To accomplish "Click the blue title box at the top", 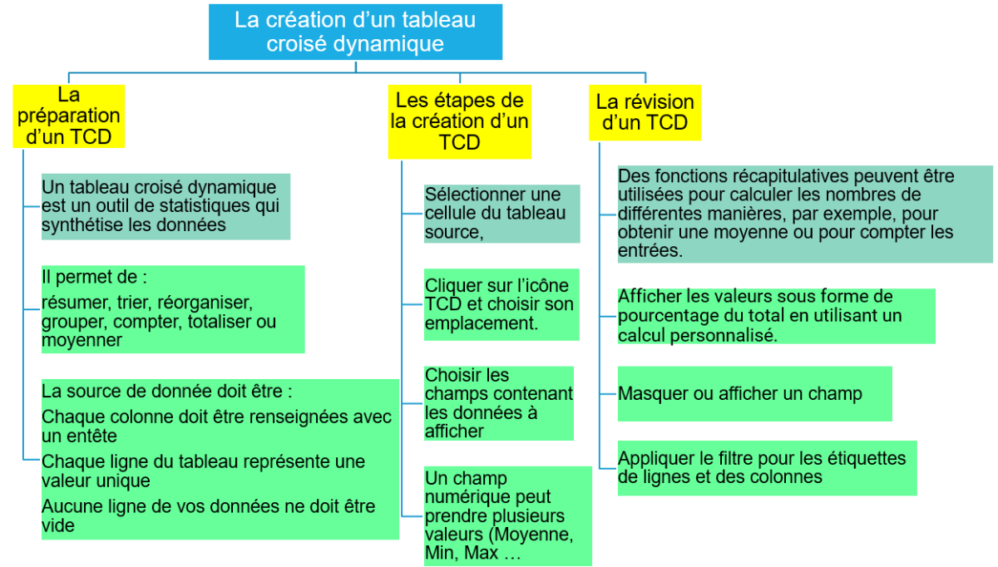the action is [x=356, y=32].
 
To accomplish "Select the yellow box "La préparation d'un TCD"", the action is [x=68, y=116].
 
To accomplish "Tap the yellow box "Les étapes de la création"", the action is [x=460, y=122].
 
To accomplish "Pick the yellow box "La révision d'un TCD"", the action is [x=645, y=113].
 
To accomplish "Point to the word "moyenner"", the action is [x=82, y=340].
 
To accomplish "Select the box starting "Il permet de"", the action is [x=173, y=309].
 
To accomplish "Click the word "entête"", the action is [x=92, y=436].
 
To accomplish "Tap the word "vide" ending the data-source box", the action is [x=58, y=525].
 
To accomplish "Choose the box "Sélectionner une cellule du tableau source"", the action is [x=501, y=214].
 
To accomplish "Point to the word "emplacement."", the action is [x=482, y=323].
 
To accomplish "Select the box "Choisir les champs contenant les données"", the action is [x=498, y=403].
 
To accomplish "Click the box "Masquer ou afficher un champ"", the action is [x=755, y=394].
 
